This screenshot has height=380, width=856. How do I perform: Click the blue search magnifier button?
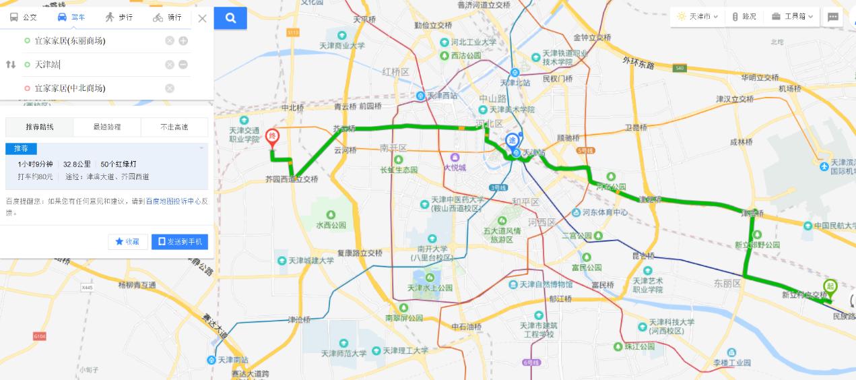[x=230, y=18]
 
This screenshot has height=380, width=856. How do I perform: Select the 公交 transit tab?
[x=24, y=18]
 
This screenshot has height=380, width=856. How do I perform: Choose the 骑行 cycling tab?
[x=167, y=18]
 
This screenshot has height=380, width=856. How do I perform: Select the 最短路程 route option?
[x=107, y=127]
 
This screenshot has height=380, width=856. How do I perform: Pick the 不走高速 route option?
[x=174, y=127]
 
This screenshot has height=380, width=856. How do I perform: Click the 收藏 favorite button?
[x=128, y=242]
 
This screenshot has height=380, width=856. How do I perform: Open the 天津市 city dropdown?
[x=697, y=16]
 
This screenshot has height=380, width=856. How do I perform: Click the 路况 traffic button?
[x=744, y=16]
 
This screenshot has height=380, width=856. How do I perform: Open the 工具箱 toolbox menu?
[x=793, y=16]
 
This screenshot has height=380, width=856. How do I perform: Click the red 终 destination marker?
[x=272, y=137]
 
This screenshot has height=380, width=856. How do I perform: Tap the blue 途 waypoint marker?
[x=513, y=141]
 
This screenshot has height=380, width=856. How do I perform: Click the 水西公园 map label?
[x=330, y=225]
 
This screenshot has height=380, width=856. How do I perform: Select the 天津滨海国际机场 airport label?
[x=842, y=166]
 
